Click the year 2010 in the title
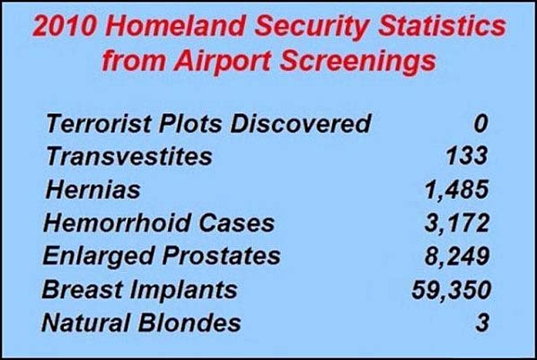click(x=64, y=26)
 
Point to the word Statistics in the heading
click(x=442, y=26)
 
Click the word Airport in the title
click(x=222, y=62)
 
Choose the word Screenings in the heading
click(x=358, y=62)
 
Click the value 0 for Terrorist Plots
click(x=480, y=124)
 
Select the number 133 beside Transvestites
click(x=467, y=156)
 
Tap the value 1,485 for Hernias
click(x=457, y=189)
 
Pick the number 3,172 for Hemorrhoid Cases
click(x=457, y=223)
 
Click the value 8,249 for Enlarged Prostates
click(x=457, y=256)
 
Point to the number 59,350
click(x=452, y=290)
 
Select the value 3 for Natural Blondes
click(x=482, y=322)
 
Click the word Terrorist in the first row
click(x=99, y=123)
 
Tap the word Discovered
click(x=300, y=123)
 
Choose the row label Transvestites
click(x=128, y=156)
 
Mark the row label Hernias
click(x=92, y=189)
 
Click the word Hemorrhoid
click(x=117, y=224)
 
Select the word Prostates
click(x=221, y=256)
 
